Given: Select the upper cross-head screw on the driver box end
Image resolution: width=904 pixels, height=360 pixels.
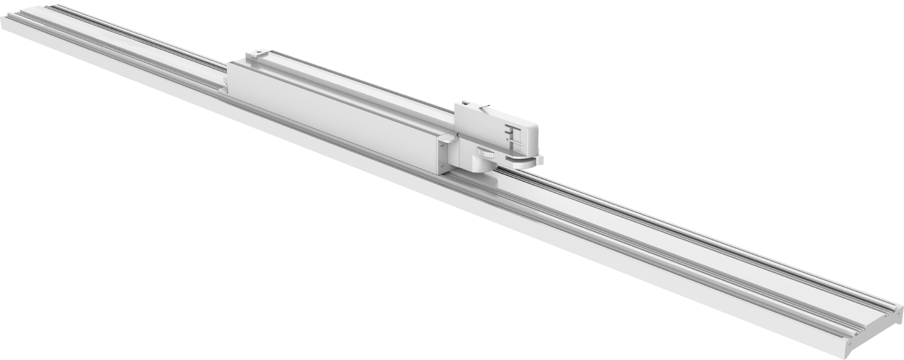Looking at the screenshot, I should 443,146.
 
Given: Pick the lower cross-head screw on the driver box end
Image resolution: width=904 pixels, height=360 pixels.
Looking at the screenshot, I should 443,166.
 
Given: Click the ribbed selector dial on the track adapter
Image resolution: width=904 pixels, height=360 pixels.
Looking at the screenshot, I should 484,153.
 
